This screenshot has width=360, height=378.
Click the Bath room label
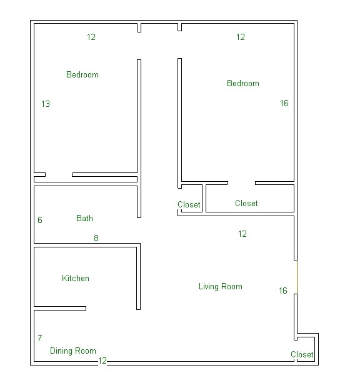[x=84, y=218]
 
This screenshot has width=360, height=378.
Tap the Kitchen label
[x=76, y=278]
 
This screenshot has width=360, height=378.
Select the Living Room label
[x=220, y=286]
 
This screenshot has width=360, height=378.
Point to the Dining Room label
[x=72, y=351]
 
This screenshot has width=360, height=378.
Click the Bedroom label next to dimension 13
[x=82, y=74]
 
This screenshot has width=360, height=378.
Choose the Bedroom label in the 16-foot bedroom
[x=242, y=83]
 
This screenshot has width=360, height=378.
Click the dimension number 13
[x=45, y=104]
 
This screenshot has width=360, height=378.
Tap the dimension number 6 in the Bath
[x=40, y=220]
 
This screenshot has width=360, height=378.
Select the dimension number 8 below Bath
[x=96, y=237]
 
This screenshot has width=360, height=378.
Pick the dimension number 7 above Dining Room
[x=40, y=338]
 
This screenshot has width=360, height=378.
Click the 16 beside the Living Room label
[x=283, y=291]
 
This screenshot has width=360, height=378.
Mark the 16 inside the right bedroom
[x=284, y=103]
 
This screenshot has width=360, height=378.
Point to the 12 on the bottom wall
[x=102, y=361]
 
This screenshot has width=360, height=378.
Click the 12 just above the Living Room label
[x=242, y=234]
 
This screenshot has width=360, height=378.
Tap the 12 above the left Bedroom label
[x=91, y=37]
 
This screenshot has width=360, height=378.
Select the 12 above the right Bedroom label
[x=241, y=37]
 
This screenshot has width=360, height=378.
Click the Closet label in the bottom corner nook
[x=302, y=354]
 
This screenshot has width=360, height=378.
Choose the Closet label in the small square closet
[x=189, y=204]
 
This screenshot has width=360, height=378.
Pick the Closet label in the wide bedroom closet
[x=246, y=203]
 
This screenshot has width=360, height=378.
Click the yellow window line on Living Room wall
[x=296, y=277]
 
